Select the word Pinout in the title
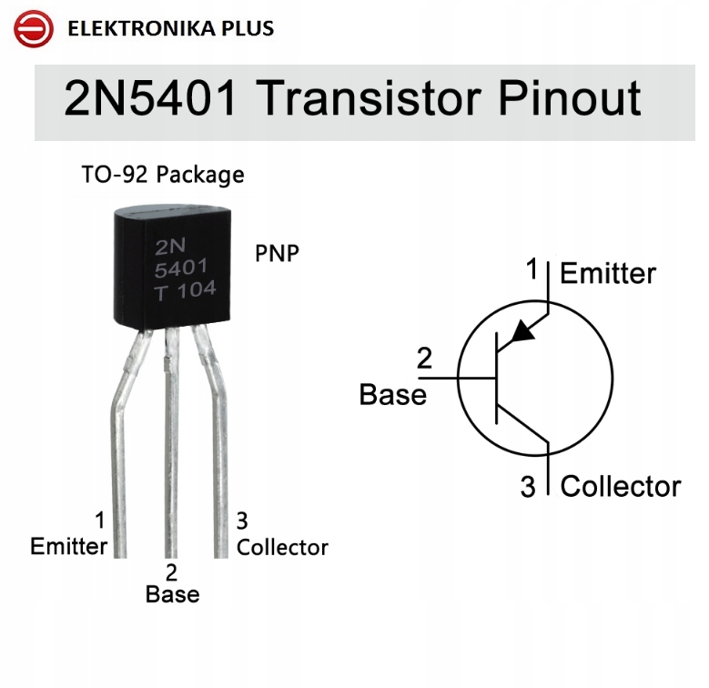(556, 98)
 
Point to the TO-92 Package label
(163, 174)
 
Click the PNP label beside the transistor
(276, 253)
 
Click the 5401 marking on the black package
(181, 268)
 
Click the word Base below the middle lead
(172, 594)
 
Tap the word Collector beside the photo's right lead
(282, 547)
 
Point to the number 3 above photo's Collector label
(242, 521)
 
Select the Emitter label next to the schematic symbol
(608, 273)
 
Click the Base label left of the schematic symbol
(392, 394)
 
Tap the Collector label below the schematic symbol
(620, 487)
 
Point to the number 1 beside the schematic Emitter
(533, 269)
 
